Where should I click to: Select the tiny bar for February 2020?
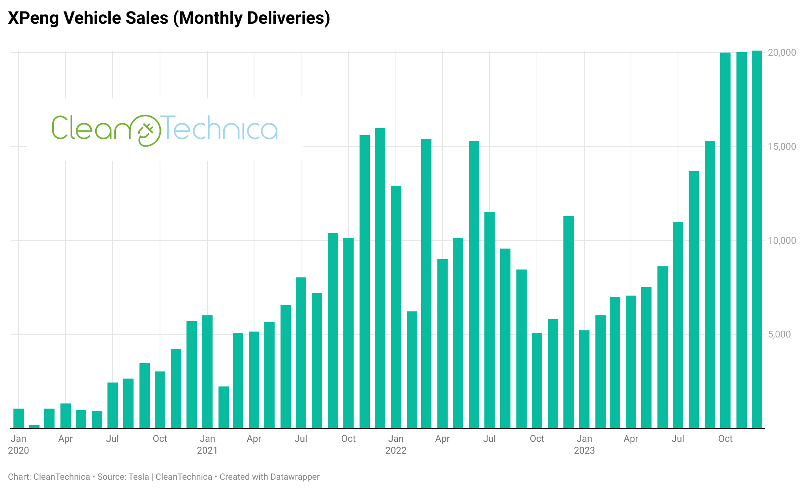tap(34, 426)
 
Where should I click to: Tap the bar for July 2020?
tap(113, 405)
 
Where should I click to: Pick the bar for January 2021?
tap(207, 371)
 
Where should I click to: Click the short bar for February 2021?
tap(224, 407)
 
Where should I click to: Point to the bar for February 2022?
tap(412, 369)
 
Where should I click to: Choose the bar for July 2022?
tap(490, 320)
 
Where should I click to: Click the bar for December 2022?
tap(569, 322)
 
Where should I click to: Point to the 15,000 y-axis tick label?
tap(782, 147)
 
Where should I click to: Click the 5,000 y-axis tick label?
tap(779, 334)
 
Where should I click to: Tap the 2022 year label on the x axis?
tap(396, 450)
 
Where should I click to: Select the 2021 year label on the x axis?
tap(207, 450)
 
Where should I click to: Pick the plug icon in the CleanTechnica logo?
tap(146, 131)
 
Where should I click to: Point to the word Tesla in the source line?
tap(139, 477)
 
